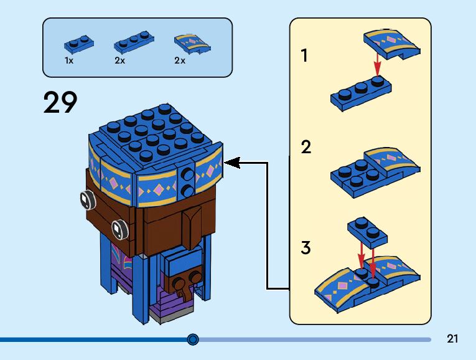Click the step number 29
[60, 102]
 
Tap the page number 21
[452, 339]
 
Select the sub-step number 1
[304, 56]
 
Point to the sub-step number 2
[306, 148]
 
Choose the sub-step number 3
[306, 247]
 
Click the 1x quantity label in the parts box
[69, 61]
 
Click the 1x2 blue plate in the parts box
[79, 44]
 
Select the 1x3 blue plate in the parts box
[131, 43]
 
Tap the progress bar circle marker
[193, 339]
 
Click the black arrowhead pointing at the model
[231, 163]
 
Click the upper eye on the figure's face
[85, 199]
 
